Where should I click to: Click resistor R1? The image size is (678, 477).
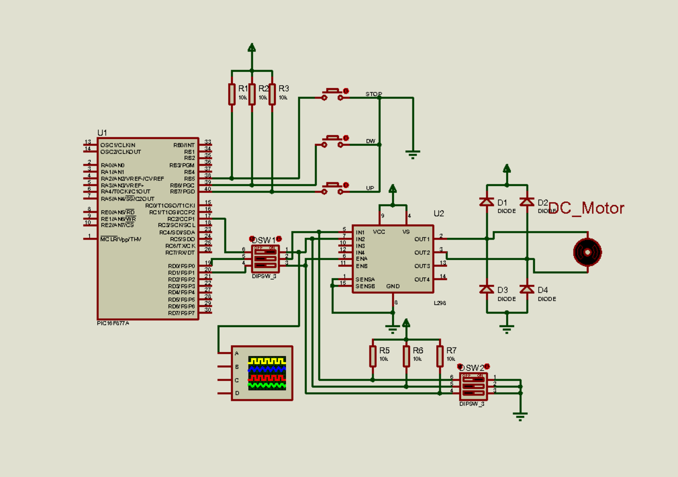[232, 94]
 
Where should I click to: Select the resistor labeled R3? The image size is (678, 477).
[272, 94]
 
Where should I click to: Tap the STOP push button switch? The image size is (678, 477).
[332, 94]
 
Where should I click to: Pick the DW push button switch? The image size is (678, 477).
[332, 141]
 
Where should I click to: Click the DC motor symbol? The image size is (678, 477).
[588, 252]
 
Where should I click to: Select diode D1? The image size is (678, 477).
[486, 202]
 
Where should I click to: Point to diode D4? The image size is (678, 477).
[527, 289]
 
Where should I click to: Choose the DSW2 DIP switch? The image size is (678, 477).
[473, 384]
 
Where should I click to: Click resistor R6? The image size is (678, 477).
[406, 356]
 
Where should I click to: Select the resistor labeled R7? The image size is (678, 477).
[440, 356]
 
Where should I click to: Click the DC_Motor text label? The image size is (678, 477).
[586, 209]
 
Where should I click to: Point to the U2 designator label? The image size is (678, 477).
[439, 214]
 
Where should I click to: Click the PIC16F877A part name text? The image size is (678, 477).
[113, 324]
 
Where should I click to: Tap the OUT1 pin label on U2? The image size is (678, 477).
[421, 239]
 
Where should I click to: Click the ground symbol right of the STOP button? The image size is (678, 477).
[413, 153]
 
